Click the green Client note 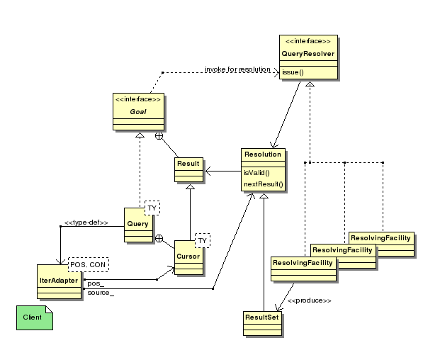pos(35,317)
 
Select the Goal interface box pos(138,112)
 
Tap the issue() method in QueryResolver pos(293,72)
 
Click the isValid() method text pos(256,173)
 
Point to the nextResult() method pos(264,184)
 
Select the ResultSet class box pos(262,324)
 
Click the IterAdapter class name pos(59,281)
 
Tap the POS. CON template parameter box pos(89,264)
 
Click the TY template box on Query pos(152,208)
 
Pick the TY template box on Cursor pos(203,240)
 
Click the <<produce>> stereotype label pos(310,300)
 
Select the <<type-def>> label pos(86,223)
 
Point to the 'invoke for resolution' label pos(237,69)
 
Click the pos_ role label pos(96,283)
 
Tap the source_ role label pos(101,293)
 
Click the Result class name pos(188,164)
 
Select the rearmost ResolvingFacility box pos(381,244)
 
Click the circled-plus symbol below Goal pos(159,136)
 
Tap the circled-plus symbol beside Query pos(159,239)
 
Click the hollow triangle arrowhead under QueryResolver pos(310,84)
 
